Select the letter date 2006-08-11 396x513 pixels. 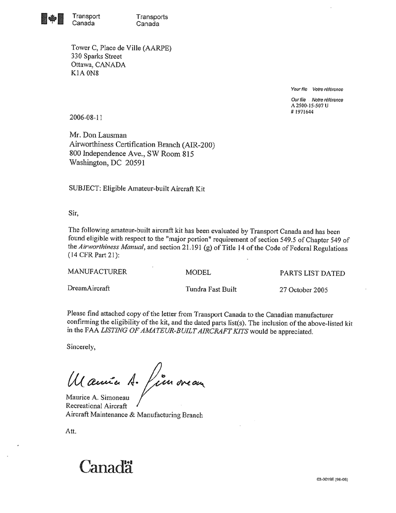pyautogui.click(x=87, y=117)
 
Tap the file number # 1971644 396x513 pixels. pyautogui.click(x=302, y=111)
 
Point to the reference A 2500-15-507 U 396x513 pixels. pyautogui.click(x=310, y=105)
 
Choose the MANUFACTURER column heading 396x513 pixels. pyautogui.click(x=97, y=272)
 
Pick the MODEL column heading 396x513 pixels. pyautogui.click(x=198, y=272)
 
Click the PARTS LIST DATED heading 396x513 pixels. pyautogui.click(x=312, y=273)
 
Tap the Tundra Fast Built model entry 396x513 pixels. pyautogui.click(x=211, y=289)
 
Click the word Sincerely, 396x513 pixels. pyautogui.click(x=81, y=347)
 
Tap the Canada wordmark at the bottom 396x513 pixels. pyautogui.click(x=106, y=466)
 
